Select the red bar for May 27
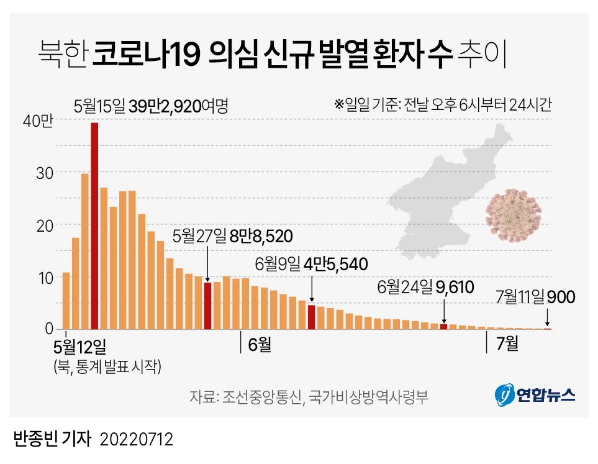[208, 306]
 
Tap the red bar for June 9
[311, 317]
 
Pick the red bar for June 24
[443, 326]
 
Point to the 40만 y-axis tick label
[39, 121]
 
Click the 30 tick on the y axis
[45, 173]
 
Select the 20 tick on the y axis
[45, 225]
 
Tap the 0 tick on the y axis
[48, 329]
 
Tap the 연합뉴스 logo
[535, 394]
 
